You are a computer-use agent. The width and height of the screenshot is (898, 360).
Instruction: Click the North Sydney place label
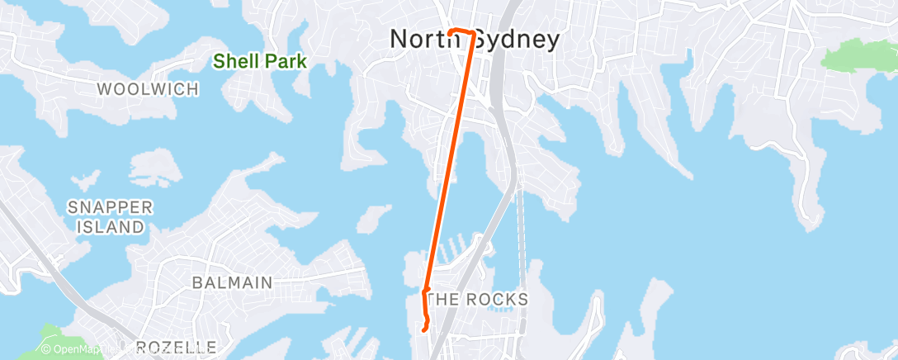[474, 39]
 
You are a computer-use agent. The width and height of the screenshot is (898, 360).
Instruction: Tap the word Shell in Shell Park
[234, 60]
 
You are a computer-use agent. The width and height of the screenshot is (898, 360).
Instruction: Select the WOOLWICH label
[148, 88]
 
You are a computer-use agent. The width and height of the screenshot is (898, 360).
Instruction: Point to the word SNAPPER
[111, 206]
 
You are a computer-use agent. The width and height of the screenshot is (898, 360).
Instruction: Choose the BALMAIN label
[232, 282]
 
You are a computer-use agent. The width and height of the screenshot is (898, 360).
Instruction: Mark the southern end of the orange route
[423, 329]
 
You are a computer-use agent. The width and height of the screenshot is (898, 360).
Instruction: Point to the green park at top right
[858, 55]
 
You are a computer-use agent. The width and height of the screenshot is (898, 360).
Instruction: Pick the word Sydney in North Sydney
[513, 39]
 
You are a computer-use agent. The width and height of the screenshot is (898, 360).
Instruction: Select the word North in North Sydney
[421, 39]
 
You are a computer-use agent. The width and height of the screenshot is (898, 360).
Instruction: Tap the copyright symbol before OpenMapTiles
[46, 350]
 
